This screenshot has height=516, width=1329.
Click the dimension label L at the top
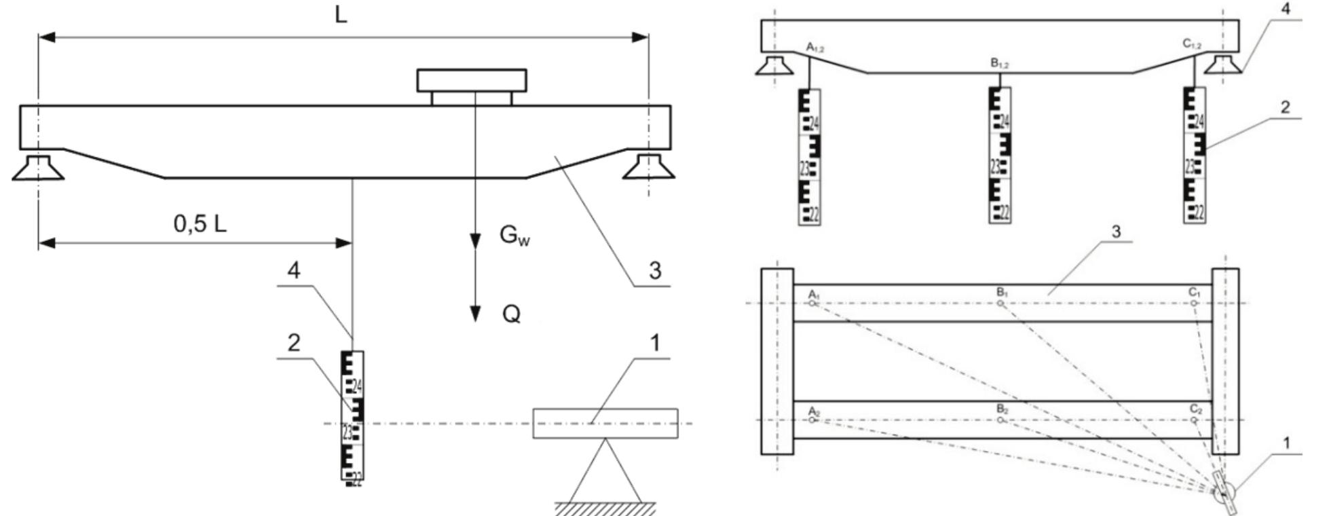click(341, 15)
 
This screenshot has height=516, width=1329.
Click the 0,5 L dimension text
click(200, 223)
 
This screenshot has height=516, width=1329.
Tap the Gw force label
click(514, 235)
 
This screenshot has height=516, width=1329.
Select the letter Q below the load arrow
click(511, 314)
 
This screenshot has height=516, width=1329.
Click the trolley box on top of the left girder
click(472, 81)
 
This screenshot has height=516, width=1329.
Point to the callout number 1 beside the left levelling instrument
click(654, 344)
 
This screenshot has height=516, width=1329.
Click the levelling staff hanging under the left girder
click(352, 415)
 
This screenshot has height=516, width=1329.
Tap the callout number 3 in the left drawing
click(654, 271)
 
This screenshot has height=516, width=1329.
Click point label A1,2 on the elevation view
click(814, 46)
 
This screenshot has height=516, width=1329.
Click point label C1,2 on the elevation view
click(1192, 44)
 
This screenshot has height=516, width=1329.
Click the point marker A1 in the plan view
click(812, 303)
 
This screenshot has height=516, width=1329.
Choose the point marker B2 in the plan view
click(1000, 420)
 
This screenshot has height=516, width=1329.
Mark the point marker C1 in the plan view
click(1194, 303)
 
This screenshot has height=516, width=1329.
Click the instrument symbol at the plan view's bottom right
click(1224, 494)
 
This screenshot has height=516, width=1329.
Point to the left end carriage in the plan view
click(777, 361)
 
